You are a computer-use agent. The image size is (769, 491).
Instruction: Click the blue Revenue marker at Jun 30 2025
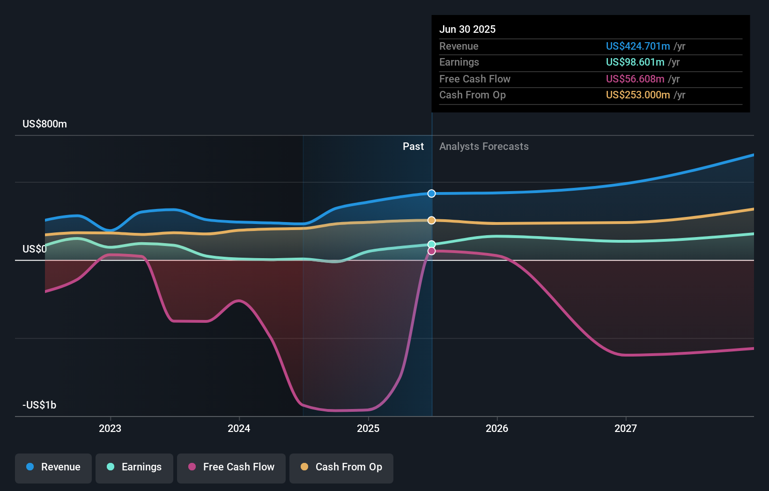click(431, 193)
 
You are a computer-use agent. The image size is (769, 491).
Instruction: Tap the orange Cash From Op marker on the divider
click(431, 220)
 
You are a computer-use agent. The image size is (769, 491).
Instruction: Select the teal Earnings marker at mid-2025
click(431, 245)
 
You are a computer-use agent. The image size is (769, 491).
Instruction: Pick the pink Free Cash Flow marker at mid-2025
click(431, 251)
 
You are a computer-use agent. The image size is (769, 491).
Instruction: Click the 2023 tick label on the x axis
click(110, 428)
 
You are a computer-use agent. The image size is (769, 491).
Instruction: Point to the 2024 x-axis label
click(239, 428)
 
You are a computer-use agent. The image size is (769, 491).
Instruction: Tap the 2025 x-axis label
click(368, 428)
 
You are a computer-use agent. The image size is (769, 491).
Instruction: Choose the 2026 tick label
click(497, 428)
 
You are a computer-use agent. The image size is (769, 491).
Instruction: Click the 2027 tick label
click(626, 428)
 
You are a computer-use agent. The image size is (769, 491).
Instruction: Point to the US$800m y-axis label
click(45, 124)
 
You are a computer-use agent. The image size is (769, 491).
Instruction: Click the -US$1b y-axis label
click(39, 405)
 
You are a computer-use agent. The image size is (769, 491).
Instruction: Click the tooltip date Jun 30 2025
click(467, 29)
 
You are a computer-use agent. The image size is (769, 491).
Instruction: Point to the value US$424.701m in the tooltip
click(638, 46)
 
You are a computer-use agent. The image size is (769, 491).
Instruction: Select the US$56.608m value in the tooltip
click(635, 79)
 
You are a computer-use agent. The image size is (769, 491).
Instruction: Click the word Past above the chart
click(413, 147)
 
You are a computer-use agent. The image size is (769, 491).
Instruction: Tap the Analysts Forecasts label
click(484, 147)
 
